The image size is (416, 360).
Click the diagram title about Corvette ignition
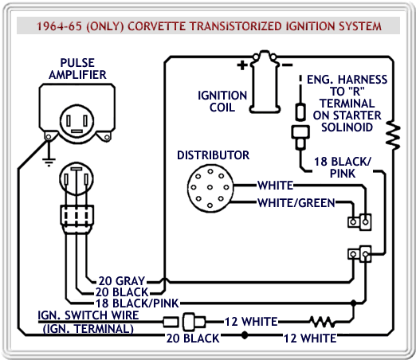pos(209,26)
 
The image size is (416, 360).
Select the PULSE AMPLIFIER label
pos(77,68)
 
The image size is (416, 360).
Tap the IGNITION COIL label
pos(222,101)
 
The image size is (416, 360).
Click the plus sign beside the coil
pos(242,65)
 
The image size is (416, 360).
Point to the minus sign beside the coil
pos(287,65)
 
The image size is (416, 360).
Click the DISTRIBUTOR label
pos(213,155)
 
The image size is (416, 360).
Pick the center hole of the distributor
pos(210,187)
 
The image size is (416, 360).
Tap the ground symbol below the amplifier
pos(49,162)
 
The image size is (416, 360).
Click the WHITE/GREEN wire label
pos(296,203)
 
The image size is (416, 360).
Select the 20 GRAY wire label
pos(122,280)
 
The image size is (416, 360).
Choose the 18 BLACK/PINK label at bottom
pos(137,303)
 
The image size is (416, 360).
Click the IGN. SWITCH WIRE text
pos(88,315)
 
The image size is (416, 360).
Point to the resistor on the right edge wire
pos(393,135)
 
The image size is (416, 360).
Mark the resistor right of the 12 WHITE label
pos(322,322)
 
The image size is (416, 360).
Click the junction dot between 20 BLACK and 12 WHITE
pos(245,335)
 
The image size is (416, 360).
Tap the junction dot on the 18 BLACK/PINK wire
pos(353,303)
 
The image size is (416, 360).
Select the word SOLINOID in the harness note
pos(347,127)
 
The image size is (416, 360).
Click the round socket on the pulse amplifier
pos(77,121)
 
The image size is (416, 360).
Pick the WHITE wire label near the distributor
pos(276,186)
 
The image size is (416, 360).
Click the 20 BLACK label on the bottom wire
pos(193,338)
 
